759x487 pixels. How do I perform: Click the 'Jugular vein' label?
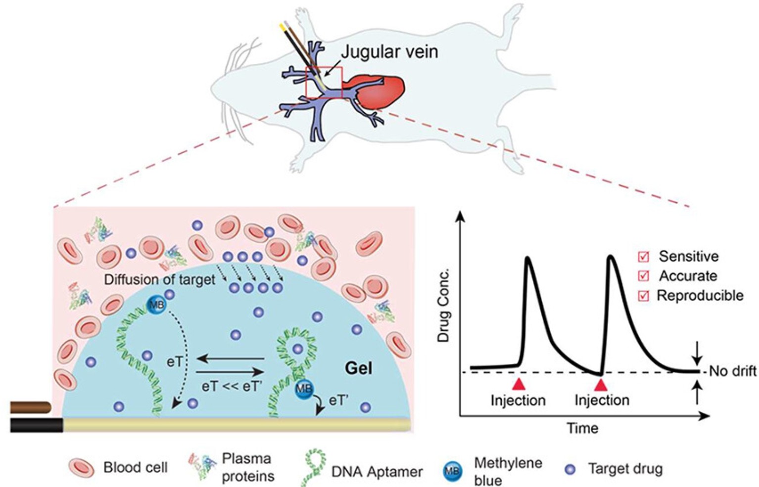tap(389, 52)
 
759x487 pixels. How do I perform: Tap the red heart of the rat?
tap(376, 92)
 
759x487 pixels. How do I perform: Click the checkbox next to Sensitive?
tap(643, 257)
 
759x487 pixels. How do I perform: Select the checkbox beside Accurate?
tap(643, 276)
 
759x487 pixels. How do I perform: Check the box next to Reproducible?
tap(643, 296)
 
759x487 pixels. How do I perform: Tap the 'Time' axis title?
tap(583, 428)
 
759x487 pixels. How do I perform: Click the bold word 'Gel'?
tap(359, 368)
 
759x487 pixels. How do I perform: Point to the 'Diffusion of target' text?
tap(160, 280)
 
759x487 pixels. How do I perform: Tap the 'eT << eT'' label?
tap(230, 387)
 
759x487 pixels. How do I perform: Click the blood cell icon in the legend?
tap(81, 468)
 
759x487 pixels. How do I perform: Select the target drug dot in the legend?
tap(571, 470)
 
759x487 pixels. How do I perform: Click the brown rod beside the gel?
tap(31, 408)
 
